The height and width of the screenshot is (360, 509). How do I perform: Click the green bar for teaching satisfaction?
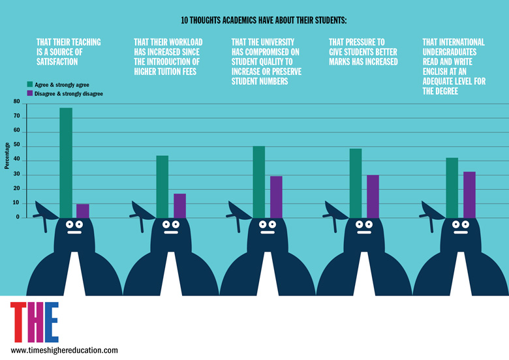point(66,162)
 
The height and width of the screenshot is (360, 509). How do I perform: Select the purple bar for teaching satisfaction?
point(83,211)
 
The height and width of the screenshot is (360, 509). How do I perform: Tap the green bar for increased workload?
point(162,187)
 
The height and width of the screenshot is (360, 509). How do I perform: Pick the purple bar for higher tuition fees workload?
point(179,205)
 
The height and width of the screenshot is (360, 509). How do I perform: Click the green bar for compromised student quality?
point(259,182)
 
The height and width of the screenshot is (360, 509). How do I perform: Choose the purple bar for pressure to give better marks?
point(373,196)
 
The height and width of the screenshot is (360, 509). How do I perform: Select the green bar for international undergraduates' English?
point(452,188)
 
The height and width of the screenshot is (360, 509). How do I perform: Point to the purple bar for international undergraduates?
point(469,194)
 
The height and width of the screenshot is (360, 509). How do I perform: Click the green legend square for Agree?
point(30,85)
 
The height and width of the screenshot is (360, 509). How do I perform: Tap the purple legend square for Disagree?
point(30,94)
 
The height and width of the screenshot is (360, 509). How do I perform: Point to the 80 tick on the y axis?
point(16,102)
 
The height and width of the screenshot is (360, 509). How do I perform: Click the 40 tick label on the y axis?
point(16,160)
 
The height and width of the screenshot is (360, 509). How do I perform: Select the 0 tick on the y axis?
point(18,217)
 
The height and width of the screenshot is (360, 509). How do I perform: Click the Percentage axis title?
point(7,156)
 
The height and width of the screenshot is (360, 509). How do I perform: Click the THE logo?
point(34,322)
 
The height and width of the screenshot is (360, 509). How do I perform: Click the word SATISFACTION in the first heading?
point(57,62)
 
